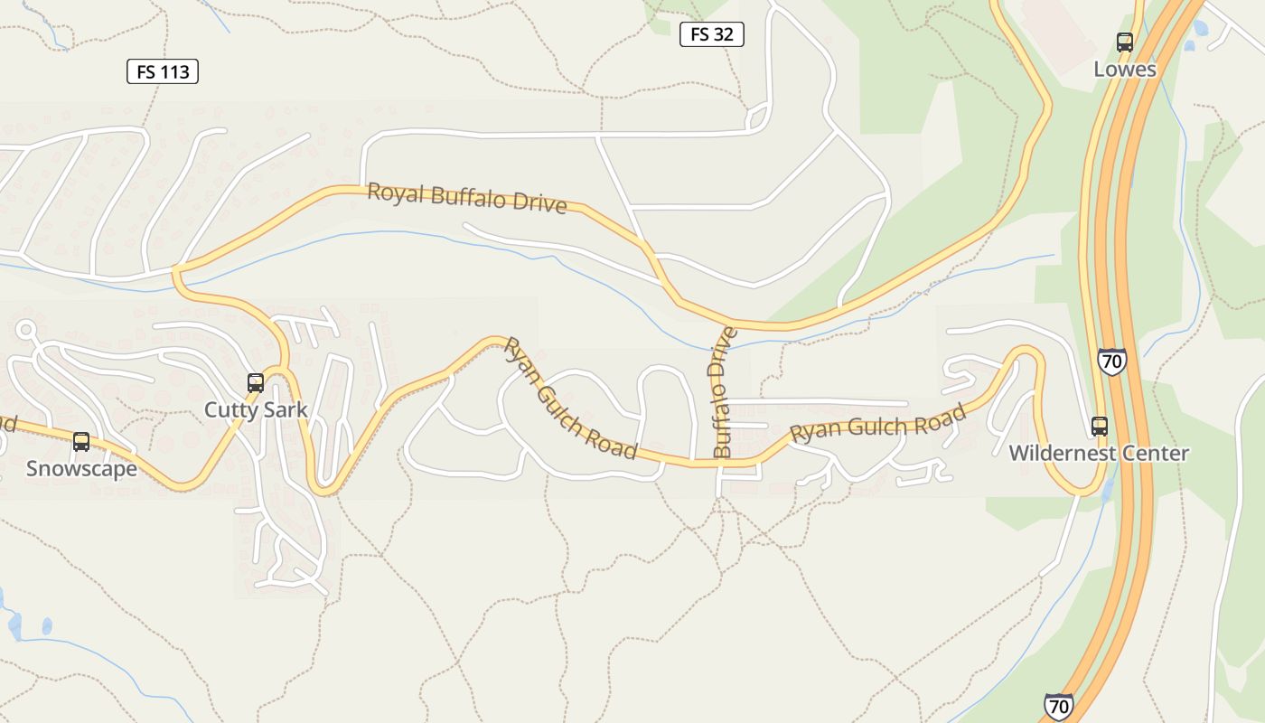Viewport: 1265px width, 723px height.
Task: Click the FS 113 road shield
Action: pos(162,71)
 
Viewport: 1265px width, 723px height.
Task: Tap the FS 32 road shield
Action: pos(711,34)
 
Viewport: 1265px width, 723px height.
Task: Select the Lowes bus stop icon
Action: pos(1124,42)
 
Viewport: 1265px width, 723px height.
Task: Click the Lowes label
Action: pos(1124,69)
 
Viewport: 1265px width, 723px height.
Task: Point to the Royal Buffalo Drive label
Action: pos(467,198)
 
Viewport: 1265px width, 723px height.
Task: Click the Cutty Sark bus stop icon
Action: pos(256,382)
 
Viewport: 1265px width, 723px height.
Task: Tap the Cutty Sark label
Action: pos(256,409)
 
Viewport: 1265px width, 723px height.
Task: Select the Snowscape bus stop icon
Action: pos(81,441)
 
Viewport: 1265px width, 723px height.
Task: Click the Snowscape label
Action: pos(81,468)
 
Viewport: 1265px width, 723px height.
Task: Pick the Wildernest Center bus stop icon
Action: pos(1099,426)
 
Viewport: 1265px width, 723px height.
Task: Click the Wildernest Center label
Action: pos(1099,453)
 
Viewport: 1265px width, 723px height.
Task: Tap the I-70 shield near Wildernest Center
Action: pos(1111,361)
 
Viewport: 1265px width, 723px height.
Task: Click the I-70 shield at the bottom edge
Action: pos(1058,706)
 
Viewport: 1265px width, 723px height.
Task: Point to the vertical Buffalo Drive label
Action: pos(724,392)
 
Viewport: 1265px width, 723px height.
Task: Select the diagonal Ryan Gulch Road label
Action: pos(569,398)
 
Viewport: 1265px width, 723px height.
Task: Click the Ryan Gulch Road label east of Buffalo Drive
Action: pos(877,424)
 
